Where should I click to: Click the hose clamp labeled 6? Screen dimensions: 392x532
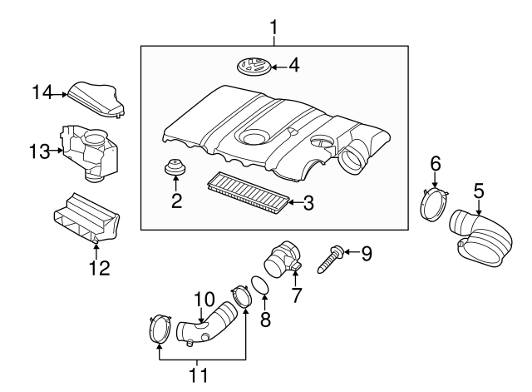point(435,206)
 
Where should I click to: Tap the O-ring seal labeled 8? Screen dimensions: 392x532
point(259,287)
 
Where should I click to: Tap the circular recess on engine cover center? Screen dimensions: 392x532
point(254,133)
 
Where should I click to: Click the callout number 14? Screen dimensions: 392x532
point(42,93)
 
